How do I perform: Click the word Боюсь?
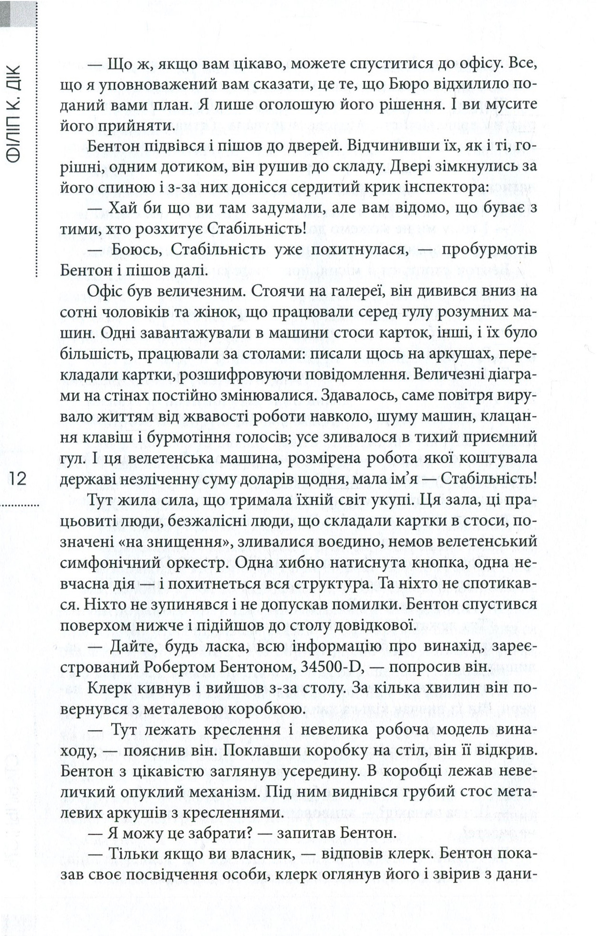click(135, 250)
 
